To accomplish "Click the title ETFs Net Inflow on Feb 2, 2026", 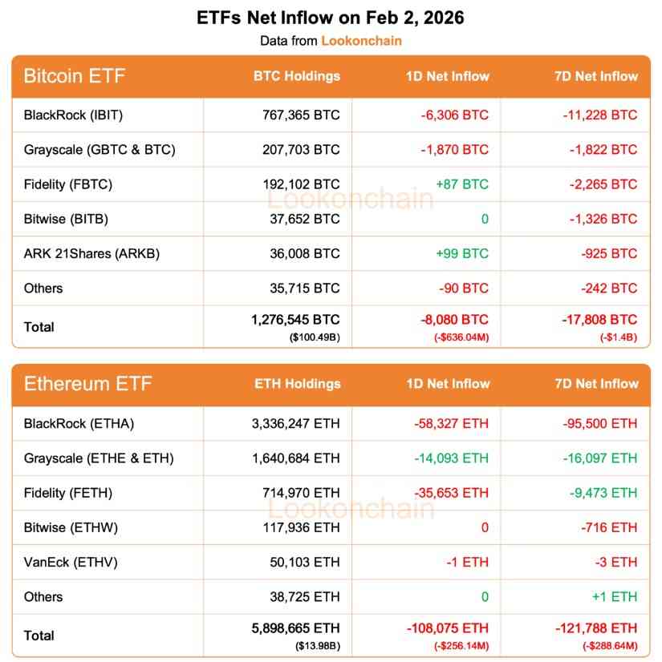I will tap(330, 18).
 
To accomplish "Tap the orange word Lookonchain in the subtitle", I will tap(361, 40).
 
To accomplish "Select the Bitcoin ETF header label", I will tap(75, 76).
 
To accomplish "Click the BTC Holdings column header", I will tap(297, 76).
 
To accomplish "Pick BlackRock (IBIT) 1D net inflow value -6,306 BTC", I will tap(454, 115).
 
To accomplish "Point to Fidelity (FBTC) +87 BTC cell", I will tap(461, 184).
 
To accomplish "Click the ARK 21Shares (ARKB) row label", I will tap(91, 253).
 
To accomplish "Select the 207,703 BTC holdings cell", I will tap(301, 149).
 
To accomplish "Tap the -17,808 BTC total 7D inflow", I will tap(599, 320).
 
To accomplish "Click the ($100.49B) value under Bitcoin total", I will tap(315, 337).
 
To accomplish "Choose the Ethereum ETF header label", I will tap(87, 383).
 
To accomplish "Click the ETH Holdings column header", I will tap(298, 384).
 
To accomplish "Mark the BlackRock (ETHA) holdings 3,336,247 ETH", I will tap(295, 423).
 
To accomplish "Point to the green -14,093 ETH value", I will tap(451, 458).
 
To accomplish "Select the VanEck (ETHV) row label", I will tap(71, 562).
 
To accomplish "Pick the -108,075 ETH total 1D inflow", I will tap(446, 628).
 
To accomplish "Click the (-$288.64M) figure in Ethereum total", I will tap(609, 644).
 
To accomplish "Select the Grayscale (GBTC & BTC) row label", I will tap(100, 149).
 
